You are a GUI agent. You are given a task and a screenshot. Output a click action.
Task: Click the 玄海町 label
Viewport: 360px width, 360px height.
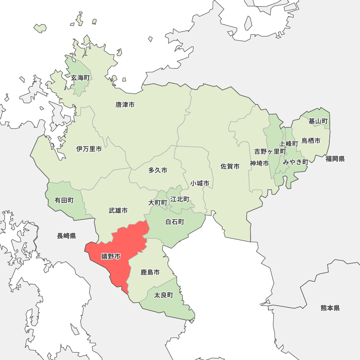[x=80, y=78]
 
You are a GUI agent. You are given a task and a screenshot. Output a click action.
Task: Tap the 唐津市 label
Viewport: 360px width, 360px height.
[x=125, y=105]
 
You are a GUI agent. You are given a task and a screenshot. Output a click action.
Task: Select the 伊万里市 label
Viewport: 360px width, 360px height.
[x=89, y=149]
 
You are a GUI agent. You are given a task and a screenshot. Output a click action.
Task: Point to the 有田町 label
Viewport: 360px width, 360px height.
[x=64, y=201]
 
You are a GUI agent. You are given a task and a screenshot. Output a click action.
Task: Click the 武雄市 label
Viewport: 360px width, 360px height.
[x=118, y=211]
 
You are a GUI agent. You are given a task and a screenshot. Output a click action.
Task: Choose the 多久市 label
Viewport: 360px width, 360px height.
[x=158, y=170]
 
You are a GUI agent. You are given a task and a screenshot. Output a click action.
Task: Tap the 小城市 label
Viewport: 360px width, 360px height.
[x=200, y=183]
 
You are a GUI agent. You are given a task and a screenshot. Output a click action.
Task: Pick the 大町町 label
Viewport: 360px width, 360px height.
[x=158, y=203]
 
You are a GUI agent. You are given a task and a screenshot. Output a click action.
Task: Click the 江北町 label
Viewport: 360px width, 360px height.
[x=180, y=199]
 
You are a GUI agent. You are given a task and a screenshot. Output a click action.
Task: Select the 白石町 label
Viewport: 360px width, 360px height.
[x=175, y=222]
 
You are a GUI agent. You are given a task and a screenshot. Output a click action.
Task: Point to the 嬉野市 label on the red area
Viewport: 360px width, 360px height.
[x=111, y=256]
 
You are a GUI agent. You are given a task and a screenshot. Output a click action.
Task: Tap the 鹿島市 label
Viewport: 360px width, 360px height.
[x=150, y=273]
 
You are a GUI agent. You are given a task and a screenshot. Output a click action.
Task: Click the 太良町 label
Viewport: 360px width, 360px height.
[x=163, y=295]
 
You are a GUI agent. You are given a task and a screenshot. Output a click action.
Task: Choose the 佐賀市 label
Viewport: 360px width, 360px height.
[x=230, y=166]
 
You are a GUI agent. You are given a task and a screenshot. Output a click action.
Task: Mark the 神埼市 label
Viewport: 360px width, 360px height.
[x=259, y=163]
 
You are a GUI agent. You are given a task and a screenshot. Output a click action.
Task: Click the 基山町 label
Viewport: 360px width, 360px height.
[x=318, y=121]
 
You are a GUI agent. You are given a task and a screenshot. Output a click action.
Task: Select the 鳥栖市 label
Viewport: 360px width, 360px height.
[x=311, y=141]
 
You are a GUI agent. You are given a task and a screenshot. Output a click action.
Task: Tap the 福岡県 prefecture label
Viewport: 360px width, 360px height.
[x=335, y=159]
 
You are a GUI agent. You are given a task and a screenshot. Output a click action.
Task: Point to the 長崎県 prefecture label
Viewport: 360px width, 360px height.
[x=66, y=236]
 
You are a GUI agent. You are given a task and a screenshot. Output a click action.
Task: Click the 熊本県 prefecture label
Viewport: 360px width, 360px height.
[x=330, y=308]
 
